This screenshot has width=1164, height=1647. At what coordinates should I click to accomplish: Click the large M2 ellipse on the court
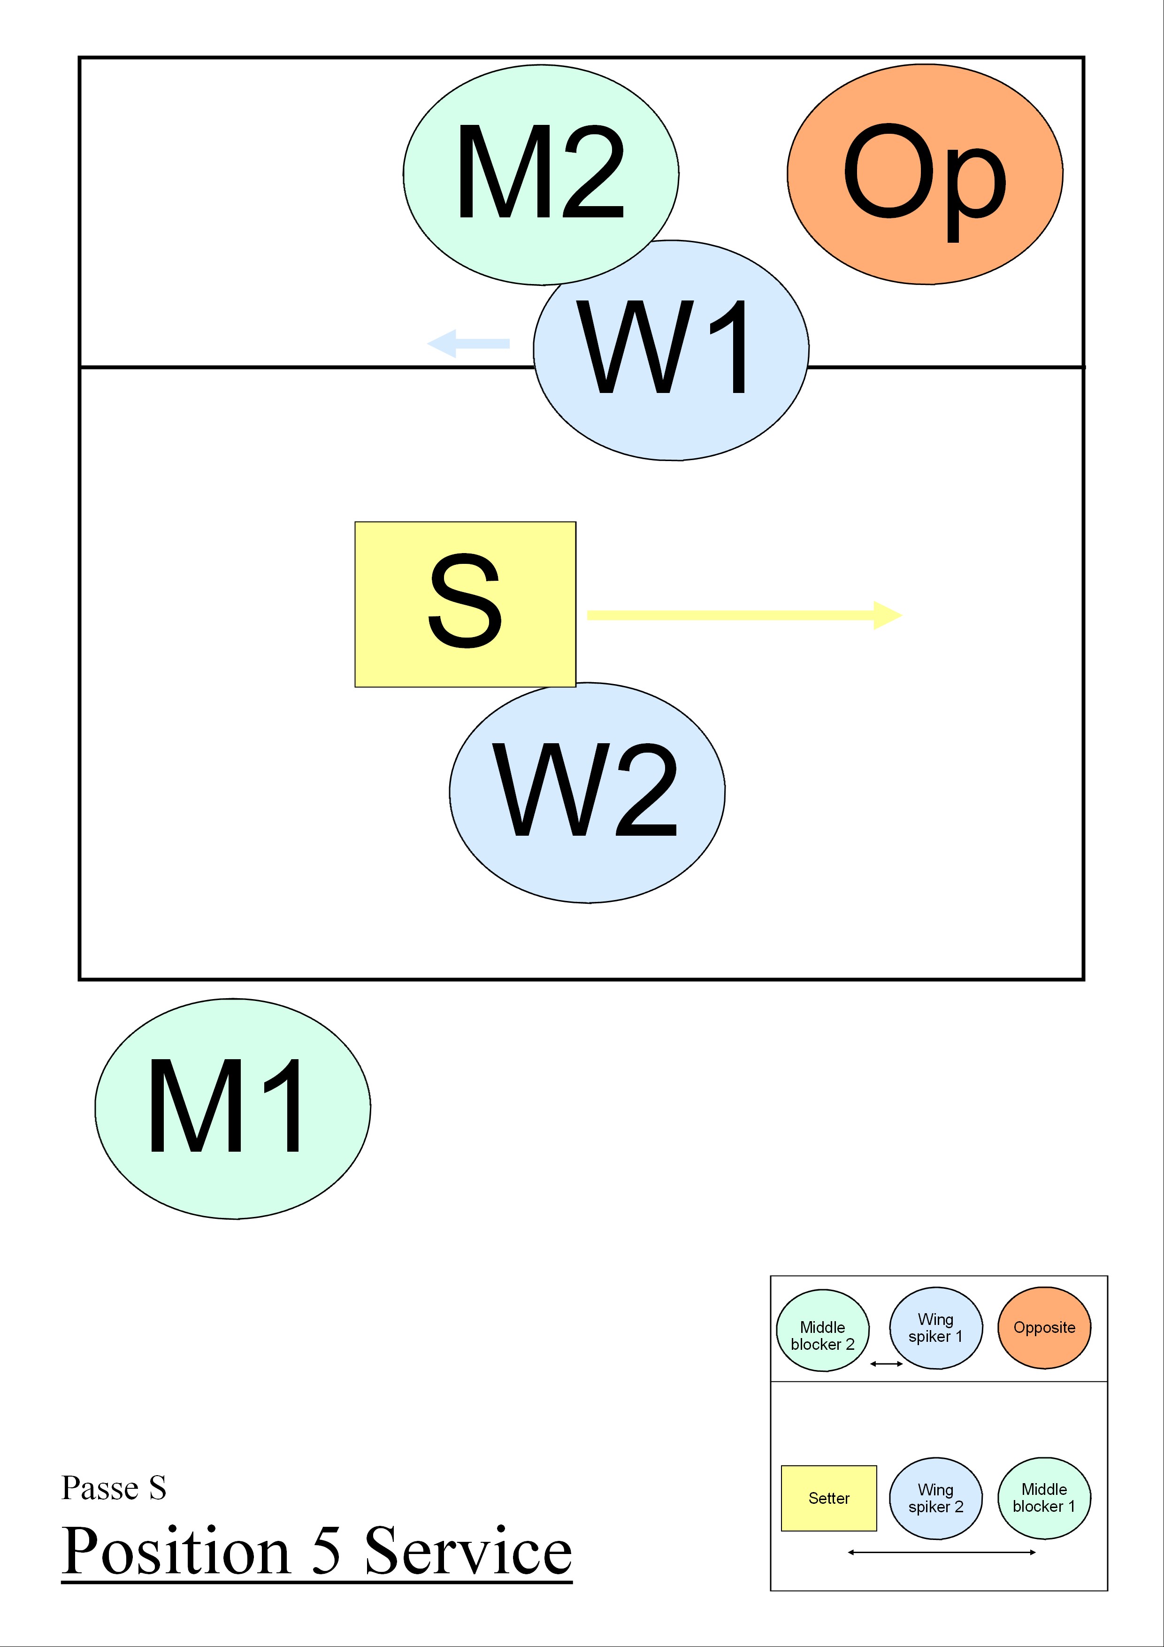[x=541, y=174]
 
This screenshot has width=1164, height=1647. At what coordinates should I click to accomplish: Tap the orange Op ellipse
[x=925, y=174]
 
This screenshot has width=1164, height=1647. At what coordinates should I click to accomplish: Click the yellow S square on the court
[x=465, y=604]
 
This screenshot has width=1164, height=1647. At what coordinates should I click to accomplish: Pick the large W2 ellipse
[x=587, y=792]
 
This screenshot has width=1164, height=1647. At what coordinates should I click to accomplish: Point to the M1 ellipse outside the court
[x=232, y=1108]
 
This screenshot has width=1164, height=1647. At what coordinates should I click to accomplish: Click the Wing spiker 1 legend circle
[x=935, y=1328]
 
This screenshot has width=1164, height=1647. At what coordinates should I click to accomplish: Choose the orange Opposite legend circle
[x=1044, y=1328]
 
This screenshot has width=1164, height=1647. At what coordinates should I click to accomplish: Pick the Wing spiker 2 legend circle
[x=935, y=1498]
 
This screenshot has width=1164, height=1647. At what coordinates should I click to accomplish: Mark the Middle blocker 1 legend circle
[x=1044, y=1498]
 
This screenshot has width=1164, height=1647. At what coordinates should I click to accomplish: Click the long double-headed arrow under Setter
[x=941, y=1552]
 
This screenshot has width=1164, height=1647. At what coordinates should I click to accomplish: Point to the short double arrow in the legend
[x=886, y=1363]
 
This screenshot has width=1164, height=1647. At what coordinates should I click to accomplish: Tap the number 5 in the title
[x=326, y=1551]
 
